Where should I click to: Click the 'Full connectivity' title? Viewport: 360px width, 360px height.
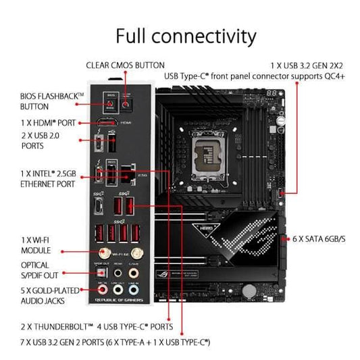click(x=186, y=35)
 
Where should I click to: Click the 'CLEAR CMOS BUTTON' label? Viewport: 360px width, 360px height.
click(x=125, y=65)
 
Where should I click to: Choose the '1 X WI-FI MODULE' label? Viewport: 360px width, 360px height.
click(x=34, y=244)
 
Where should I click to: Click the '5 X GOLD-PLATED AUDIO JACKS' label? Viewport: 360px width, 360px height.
click(x=45, y=295)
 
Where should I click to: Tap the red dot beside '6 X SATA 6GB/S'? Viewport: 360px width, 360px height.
click(x=286, y=239)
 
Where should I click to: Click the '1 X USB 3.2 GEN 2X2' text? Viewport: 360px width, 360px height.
click(x=298, y=65)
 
